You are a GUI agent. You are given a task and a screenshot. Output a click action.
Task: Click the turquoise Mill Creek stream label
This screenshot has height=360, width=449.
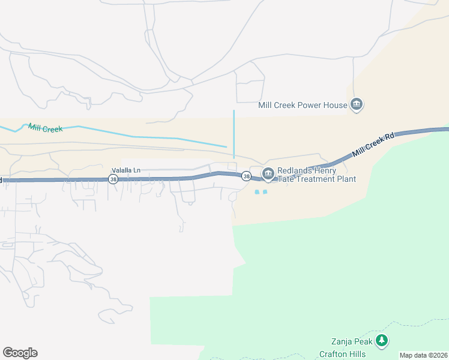pos(45,128)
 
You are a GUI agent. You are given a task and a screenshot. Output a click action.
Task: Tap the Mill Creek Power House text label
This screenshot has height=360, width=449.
pos(303,105)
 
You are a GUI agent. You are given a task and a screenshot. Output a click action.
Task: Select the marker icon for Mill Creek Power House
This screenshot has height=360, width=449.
pos(357,105)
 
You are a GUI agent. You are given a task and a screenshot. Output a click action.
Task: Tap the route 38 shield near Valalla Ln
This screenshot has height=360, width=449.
pos(113,179)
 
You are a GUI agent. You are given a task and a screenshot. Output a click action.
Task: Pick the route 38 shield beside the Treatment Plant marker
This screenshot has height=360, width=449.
pos(246,176)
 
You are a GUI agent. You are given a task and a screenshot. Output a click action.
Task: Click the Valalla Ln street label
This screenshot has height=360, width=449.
pos(125,170)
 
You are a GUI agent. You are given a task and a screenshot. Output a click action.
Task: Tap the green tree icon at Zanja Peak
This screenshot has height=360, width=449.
pos(382,341)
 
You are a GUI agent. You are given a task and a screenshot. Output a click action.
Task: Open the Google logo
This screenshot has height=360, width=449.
pos(20,353)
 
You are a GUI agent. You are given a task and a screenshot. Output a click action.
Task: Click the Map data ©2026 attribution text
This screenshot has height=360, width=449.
pos(423,355)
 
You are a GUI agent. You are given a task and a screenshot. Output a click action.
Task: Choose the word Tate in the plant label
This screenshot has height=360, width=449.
pos(286,179)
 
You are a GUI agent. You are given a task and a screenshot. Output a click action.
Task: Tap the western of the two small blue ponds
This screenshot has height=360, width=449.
pos(257,192)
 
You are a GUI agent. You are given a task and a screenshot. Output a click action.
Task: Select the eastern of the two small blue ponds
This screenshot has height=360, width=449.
pos(265,192)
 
